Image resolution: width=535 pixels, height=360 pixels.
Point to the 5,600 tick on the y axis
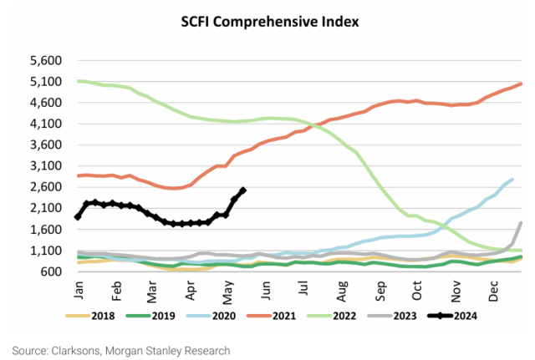point(47,61)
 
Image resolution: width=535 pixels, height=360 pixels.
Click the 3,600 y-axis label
point(47,145)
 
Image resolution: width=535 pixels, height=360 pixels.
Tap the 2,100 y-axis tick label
point(47,209)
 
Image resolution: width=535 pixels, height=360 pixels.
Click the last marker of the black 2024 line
point(242,190)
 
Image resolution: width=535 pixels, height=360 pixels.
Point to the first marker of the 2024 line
point(78,217)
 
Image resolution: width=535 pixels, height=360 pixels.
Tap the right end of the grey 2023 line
point(522,223)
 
